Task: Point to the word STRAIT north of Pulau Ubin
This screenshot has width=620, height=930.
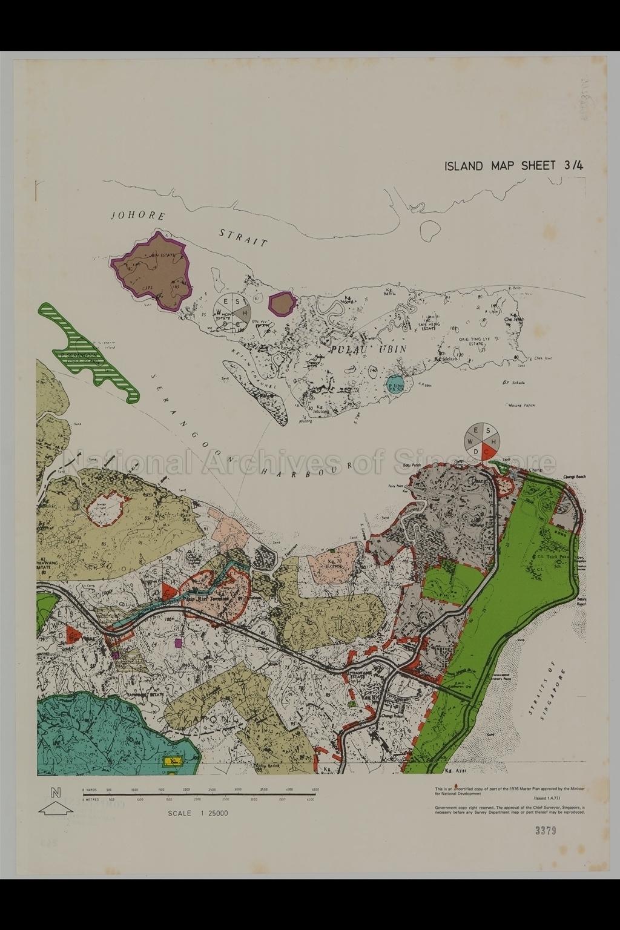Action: tap(243, 237)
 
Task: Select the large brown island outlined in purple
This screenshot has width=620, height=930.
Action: tap(152, 271)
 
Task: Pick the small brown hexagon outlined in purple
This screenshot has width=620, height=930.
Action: tap(282, 303)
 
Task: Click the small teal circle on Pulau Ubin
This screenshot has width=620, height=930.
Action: tap(395, 384)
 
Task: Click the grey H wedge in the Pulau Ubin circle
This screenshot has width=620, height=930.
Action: tap(244, 313)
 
